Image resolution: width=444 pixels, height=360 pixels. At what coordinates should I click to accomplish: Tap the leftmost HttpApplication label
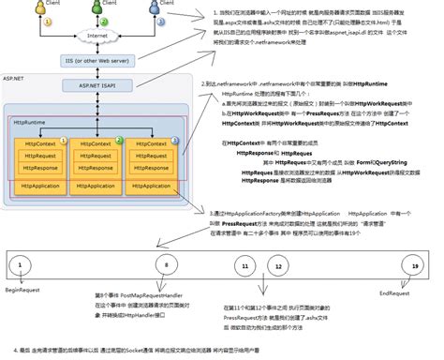coord(40,186)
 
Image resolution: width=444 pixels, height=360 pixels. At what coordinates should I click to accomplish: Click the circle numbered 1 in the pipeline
coord(19,267)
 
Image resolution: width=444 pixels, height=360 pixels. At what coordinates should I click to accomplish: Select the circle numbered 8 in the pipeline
coord(167,267)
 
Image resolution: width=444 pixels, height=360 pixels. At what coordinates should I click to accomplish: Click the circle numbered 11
coord(244,267)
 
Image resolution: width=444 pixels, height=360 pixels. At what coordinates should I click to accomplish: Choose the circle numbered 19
coord(413,267)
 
